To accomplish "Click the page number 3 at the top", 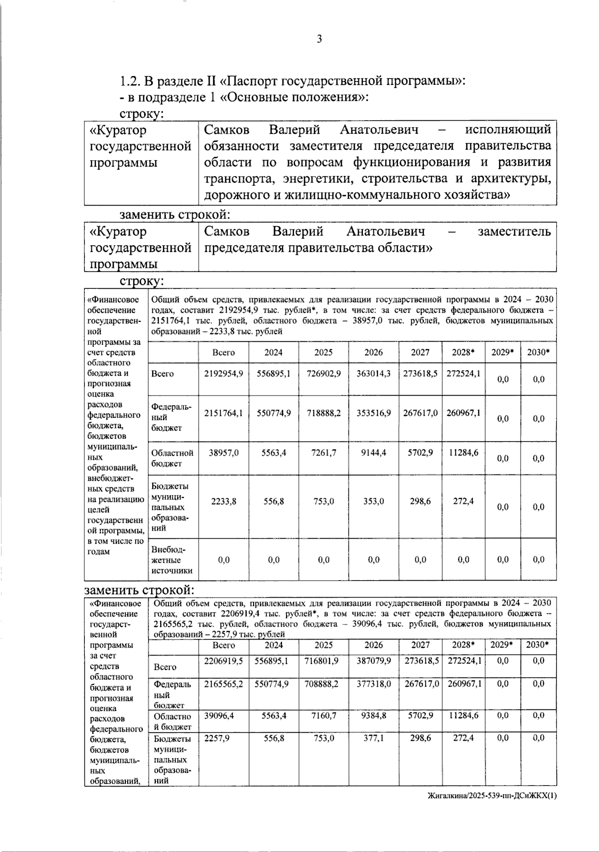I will pos(319,40).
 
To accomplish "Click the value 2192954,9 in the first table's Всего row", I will pos(224,373).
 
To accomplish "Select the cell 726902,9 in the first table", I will pos(323,373).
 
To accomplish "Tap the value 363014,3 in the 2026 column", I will pos(373,373).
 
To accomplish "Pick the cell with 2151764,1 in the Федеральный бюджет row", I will pos(224,413).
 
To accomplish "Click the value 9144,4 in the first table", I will pos(373,453).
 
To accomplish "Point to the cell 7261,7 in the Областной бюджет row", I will pos(323,453).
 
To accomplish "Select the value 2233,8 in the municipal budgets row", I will pos(224,501).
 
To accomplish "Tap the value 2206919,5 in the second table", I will pos(224,660).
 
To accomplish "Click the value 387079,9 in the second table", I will pos(373,660).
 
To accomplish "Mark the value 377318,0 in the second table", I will pos(373,684).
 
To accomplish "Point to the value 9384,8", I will pos(373,715).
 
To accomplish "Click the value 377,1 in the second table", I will pos(373,738).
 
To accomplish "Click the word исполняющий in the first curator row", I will pos(508,130).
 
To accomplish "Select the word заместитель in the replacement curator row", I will pos(514,231).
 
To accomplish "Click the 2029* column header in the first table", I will pos(503,352).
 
